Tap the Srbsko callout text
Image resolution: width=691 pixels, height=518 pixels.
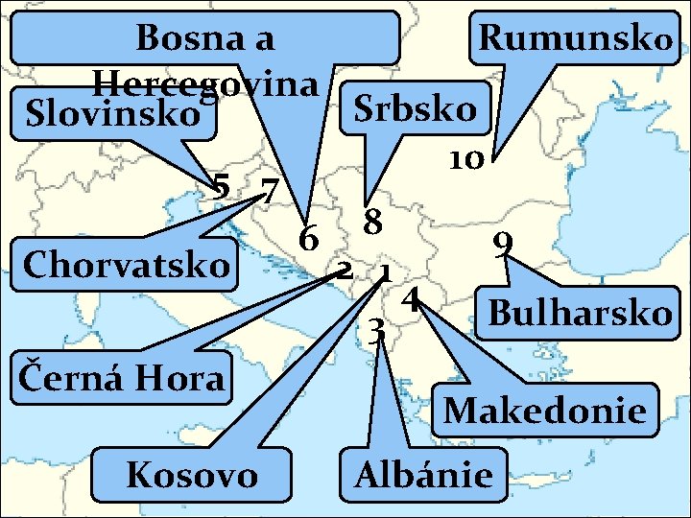[415, 109]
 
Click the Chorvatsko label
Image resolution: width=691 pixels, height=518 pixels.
[129, 263]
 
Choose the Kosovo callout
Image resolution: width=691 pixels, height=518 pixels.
[193, 474]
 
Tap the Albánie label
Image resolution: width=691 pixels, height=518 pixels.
[423, 474]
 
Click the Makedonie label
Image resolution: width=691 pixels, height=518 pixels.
[544, 412]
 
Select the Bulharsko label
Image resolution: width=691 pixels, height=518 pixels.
[580, 313]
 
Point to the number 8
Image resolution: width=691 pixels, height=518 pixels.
[372, 223]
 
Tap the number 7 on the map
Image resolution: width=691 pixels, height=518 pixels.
[270, 190]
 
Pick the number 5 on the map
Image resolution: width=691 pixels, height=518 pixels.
[221, 186]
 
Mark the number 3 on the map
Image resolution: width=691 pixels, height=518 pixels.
[378, 331]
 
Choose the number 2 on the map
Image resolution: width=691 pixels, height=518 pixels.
[342, 270]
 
